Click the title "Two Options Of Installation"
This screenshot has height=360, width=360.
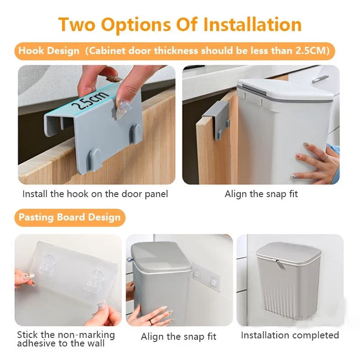click(x=180, y=25)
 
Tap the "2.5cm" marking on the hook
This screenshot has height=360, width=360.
click(x=89, y=100)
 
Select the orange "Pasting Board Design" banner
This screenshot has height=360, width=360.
click(x=70, y=217)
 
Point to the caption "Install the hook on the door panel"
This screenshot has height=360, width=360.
click(x=95, y=194)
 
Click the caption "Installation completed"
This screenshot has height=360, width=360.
click(x=290, y=335)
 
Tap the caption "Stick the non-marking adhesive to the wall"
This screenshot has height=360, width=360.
click(x=66, y=339)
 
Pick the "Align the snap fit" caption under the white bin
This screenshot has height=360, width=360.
click(x=261, y=194)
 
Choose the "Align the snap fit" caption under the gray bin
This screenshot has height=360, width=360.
click(x=178, y=337)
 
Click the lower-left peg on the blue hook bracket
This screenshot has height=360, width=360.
click(x=95, y=158)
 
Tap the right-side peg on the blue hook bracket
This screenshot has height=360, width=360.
click(x=136, y=133)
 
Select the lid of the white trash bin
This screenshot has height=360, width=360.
click(x=285, y=91)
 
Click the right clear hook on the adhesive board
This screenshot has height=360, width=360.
click(x=94, y=280)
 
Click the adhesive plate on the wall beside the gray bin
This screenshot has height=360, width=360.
click(x=206, y=277)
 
